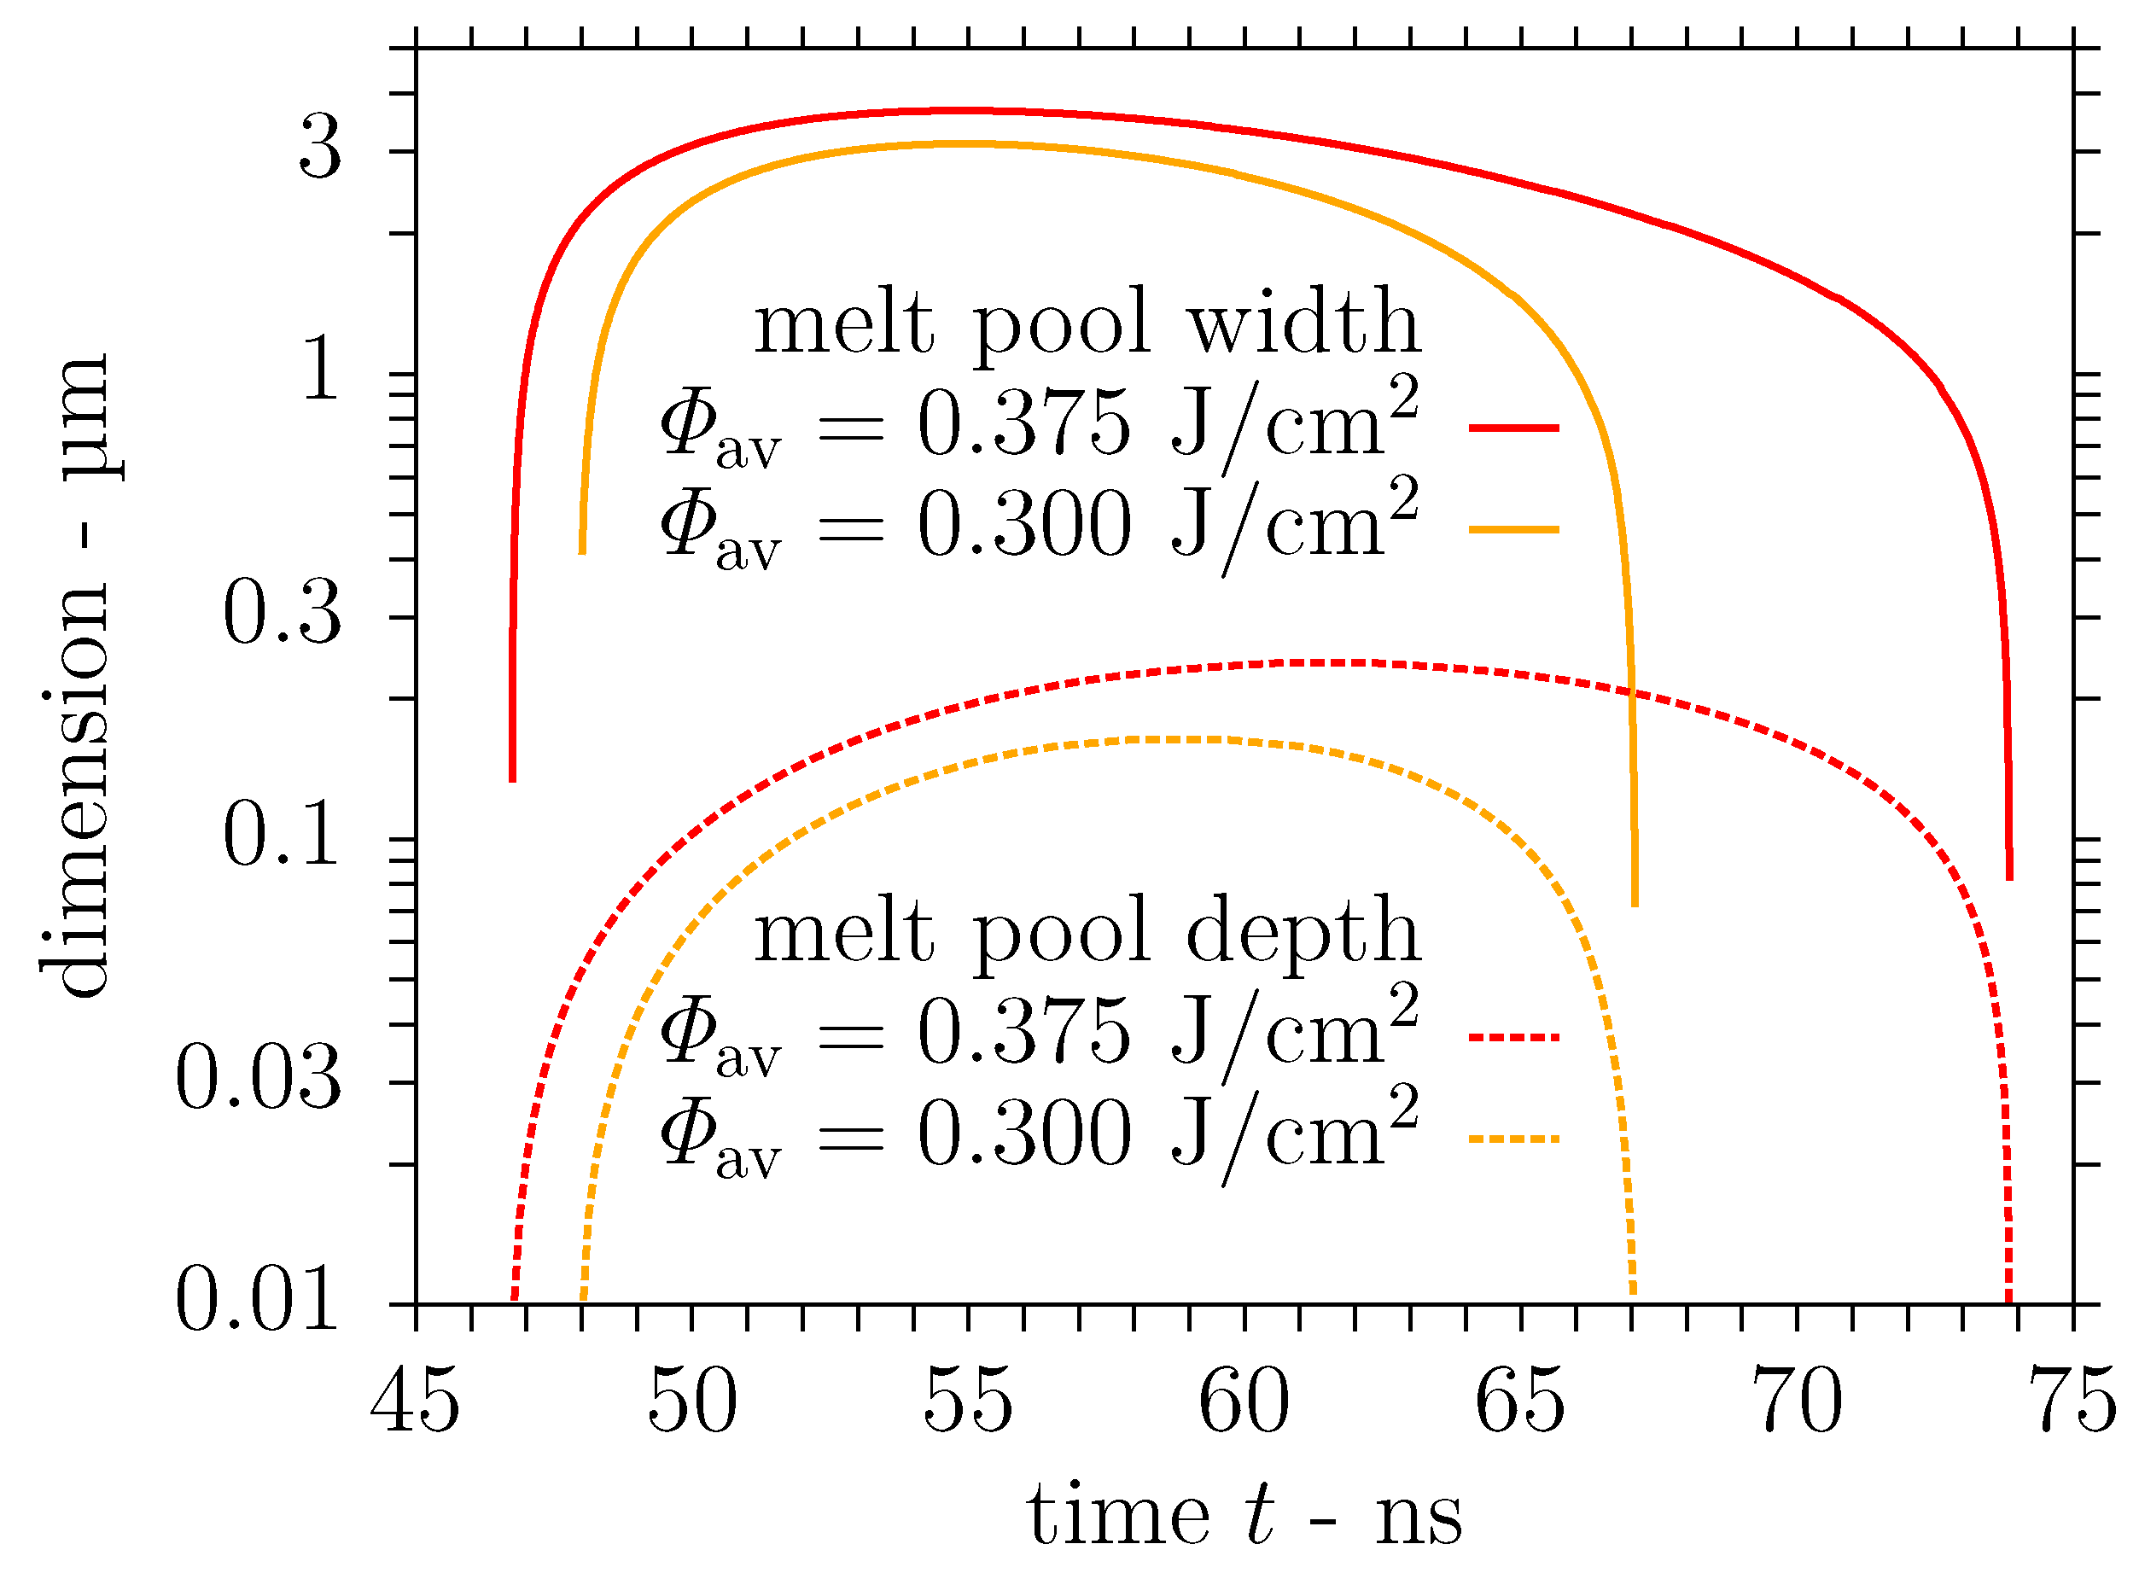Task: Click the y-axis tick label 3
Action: tap(319, 151)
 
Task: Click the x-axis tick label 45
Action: tap(416, 1402)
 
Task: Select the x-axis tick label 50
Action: tap(692, 1402)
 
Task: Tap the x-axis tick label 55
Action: tap(968, 1402)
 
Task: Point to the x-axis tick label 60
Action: tap(1244, 1402)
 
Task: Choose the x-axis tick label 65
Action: tap(1521, 1402)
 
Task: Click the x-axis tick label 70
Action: tap(1797, 1402)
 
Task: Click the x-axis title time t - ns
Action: tap(1244, 1517)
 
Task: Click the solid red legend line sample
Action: tap(1514, 428)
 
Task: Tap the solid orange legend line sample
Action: tap(1514, 528)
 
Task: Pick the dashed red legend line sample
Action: tap(1514, 1037)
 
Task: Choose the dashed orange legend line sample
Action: tap(1514, 1139)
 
